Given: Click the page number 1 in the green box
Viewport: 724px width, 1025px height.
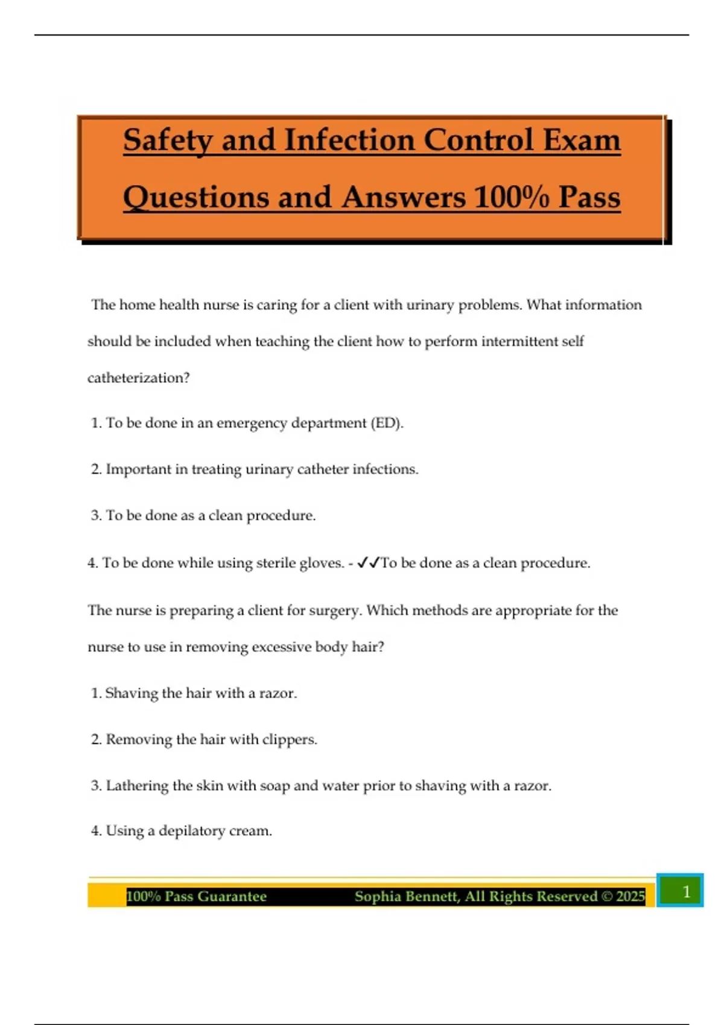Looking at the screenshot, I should [685, 891].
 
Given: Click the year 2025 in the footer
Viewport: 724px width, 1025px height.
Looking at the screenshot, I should [630, 897].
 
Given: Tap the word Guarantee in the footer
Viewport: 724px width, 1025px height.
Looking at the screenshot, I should [232, 897].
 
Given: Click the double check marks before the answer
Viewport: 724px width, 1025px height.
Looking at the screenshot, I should [368, 563].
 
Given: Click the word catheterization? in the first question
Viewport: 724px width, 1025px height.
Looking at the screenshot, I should [138, 378].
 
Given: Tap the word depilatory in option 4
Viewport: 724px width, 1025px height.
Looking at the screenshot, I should [191, 831].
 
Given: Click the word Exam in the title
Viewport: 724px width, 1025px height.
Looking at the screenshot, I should [582, 140].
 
